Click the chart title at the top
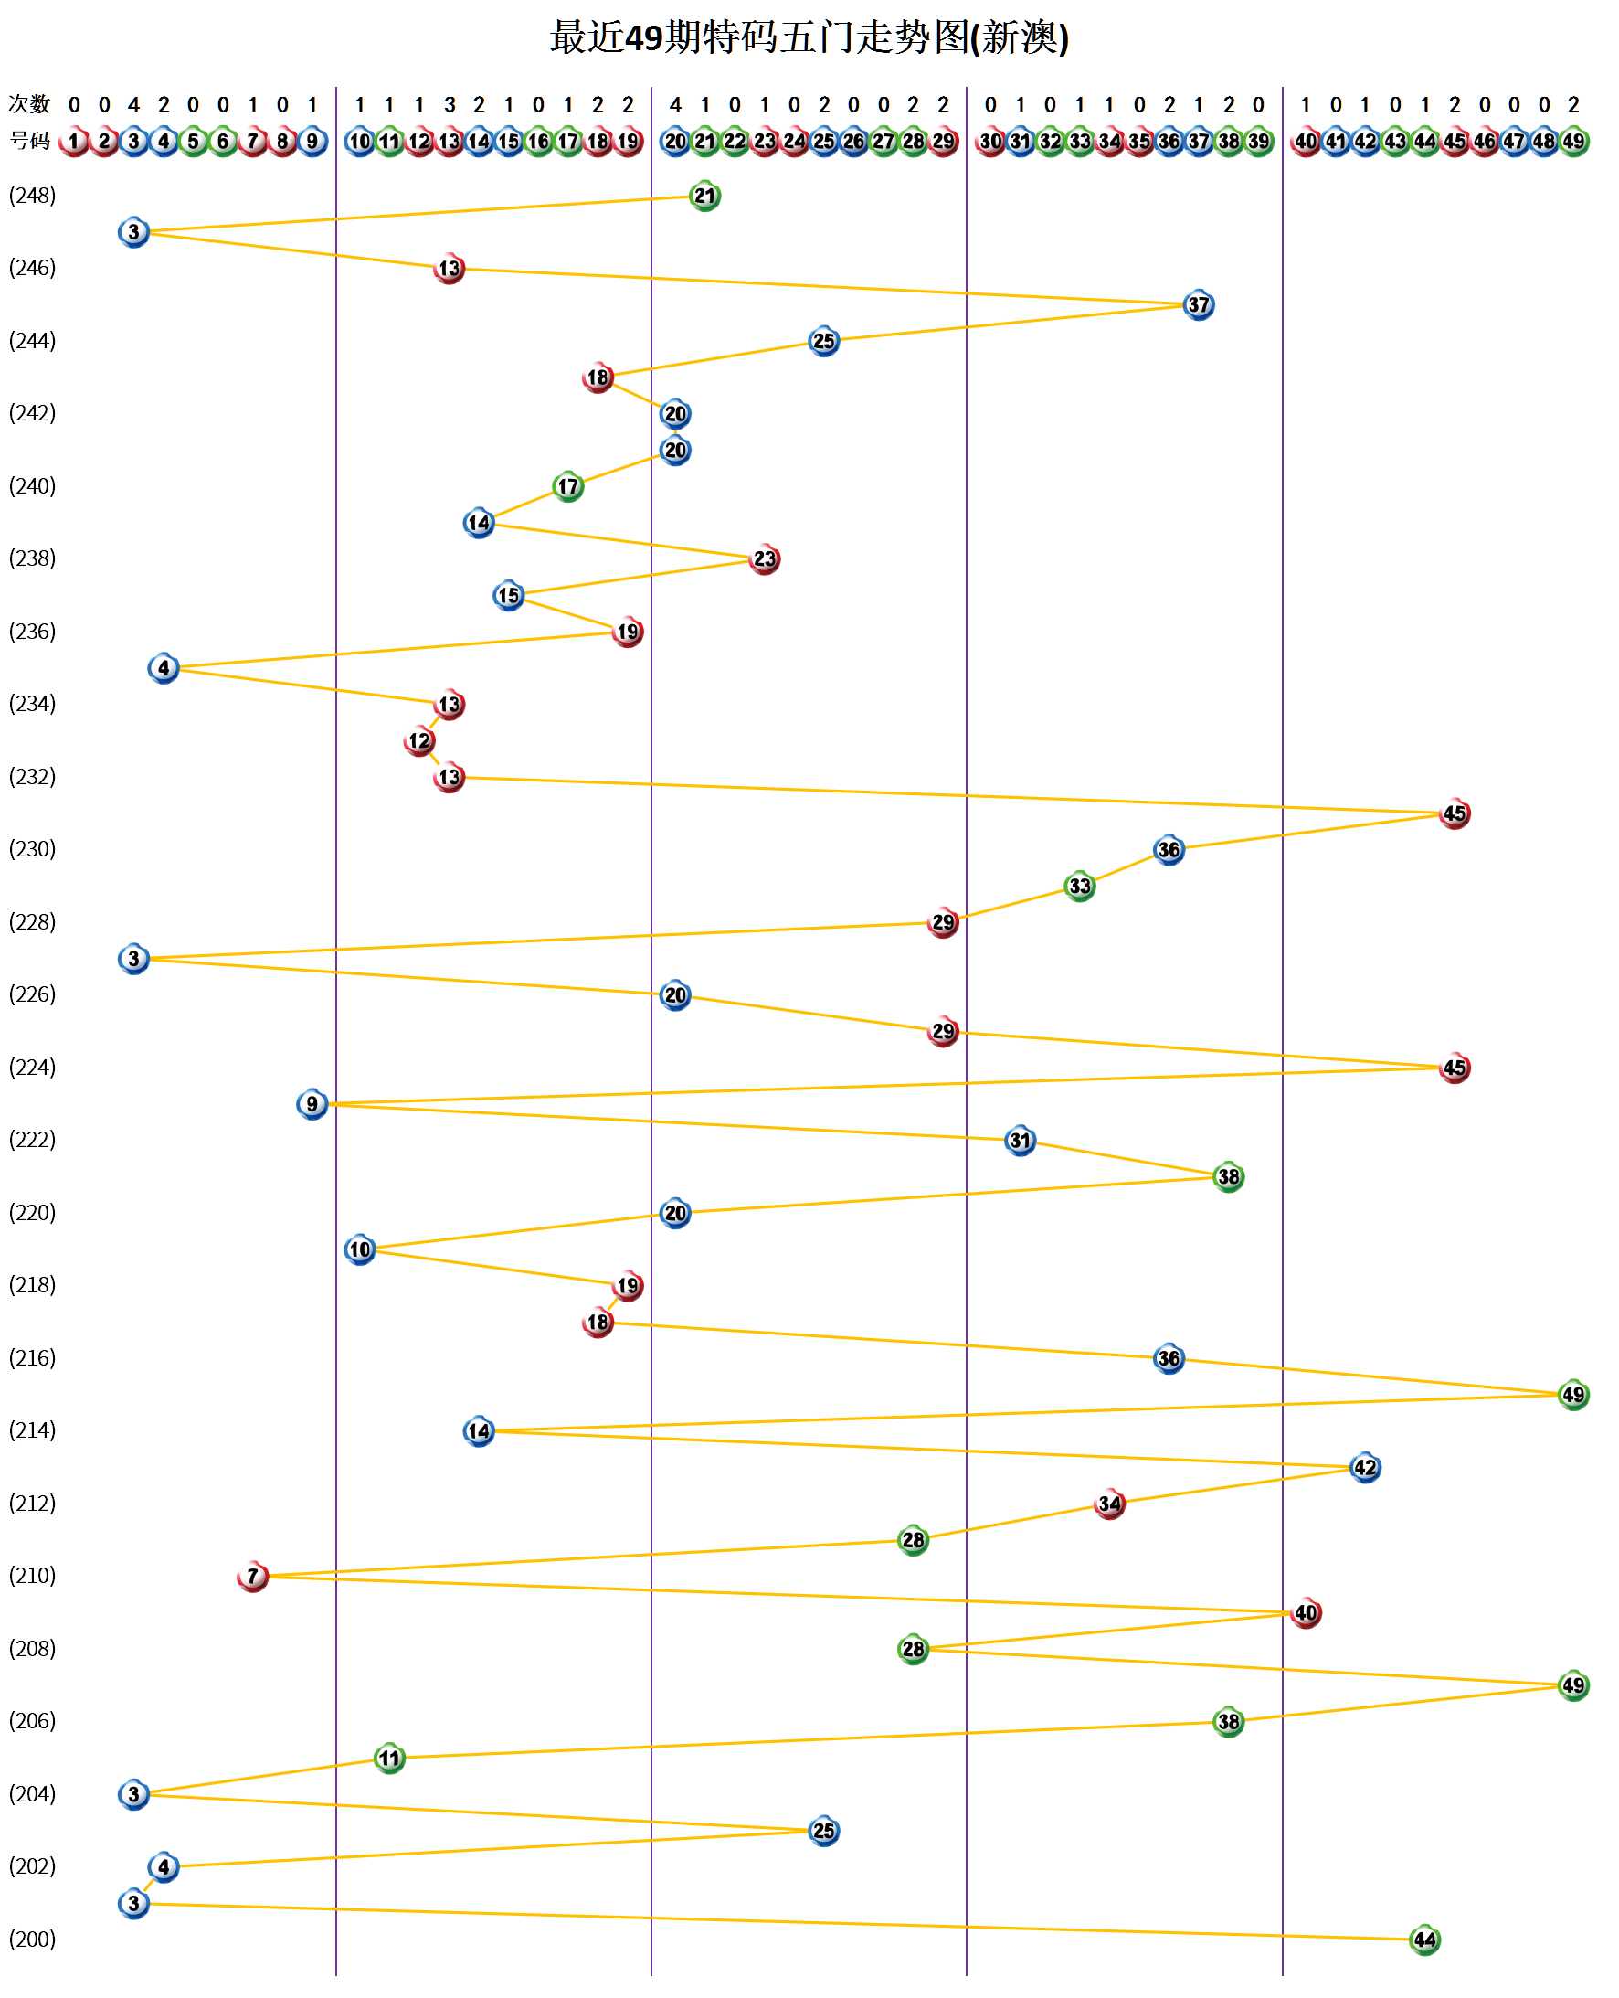point(809,38)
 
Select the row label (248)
point(33,196)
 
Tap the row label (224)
point(33,1067)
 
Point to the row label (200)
point(33,1940)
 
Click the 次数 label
point(29,104)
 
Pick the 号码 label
point(29,141)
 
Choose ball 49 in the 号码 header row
point(1573,142)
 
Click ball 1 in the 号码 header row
point(74,142)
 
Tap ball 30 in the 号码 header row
point(990,142)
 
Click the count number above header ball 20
point(675,104)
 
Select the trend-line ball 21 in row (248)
point(705,196)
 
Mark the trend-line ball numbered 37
point(1199,305)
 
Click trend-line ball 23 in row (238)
point(765,559)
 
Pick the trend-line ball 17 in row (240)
point(568,487)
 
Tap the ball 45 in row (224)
point(1455,1068)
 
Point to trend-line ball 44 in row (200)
point(1425,1940)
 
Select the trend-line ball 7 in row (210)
point(253,1577)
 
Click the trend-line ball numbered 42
point(1365,1467)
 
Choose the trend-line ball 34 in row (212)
point(1110,1504)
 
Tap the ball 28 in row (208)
point(913,1649)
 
